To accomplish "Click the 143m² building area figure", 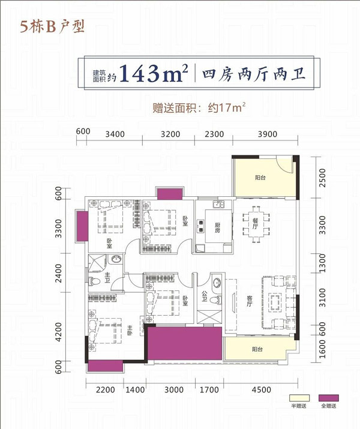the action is point(154,73).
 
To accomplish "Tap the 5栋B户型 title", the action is point(52,27).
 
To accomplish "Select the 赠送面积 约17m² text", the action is point(199,107).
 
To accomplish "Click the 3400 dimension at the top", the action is point(115,134).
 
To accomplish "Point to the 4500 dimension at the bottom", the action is point(262,389).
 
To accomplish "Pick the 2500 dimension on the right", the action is point(323,178).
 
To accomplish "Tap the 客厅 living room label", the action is point(249,301).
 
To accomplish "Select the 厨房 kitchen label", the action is point(217,227).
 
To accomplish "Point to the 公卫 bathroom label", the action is point(205,296).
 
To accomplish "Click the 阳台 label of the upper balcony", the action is point(260,178).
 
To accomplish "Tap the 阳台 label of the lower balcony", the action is point(257,349).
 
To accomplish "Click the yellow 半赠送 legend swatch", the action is point(299,398).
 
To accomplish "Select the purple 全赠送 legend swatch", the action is point(329,398).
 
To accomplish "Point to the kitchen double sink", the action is point(218,204).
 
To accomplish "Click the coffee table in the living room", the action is point(275,302).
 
